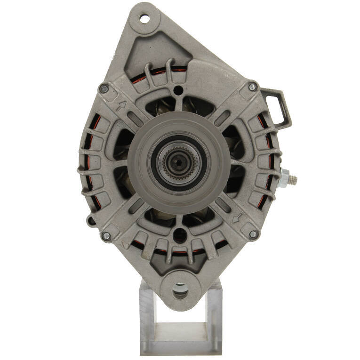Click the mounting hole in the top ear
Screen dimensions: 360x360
coord(145,19)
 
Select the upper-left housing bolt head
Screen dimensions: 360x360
coord(104,88)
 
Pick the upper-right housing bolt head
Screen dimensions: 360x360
coord(253,87)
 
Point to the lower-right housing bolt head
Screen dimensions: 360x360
coord(253,234)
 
